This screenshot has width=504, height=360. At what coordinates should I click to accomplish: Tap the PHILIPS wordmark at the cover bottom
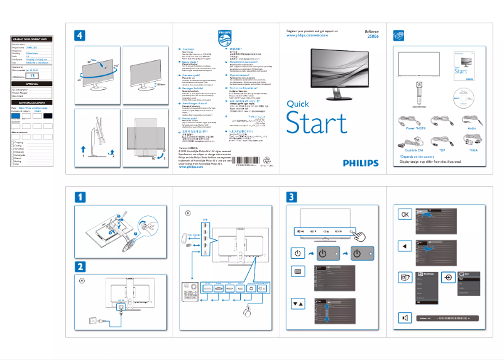(361, 162)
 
